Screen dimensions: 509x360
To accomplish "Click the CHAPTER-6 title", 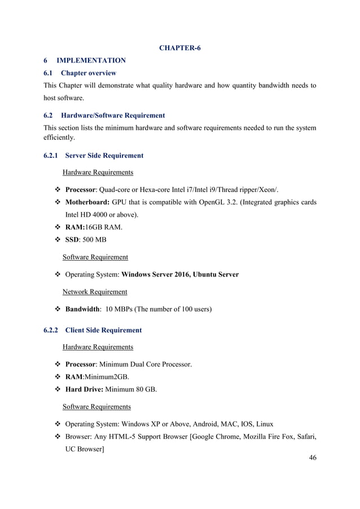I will point(179,48).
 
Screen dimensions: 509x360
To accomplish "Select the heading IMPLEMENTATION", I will point(90,60).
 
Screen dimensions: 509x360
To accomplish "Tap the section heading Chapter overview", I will point(89,73).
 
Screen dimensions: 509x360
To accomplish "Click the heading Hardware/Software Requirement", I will point(112,115).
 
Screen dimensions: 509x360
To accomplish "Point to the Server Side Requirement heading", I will point(104,155).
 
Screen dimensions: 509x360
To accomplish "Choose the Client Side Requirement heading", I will point(103,330).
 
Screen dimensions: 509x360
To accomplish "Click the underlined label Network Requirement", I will point(94,292).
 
